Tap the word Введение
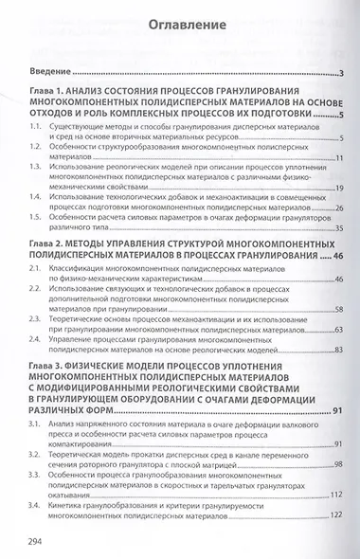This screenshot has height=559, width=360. point(48,74)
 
